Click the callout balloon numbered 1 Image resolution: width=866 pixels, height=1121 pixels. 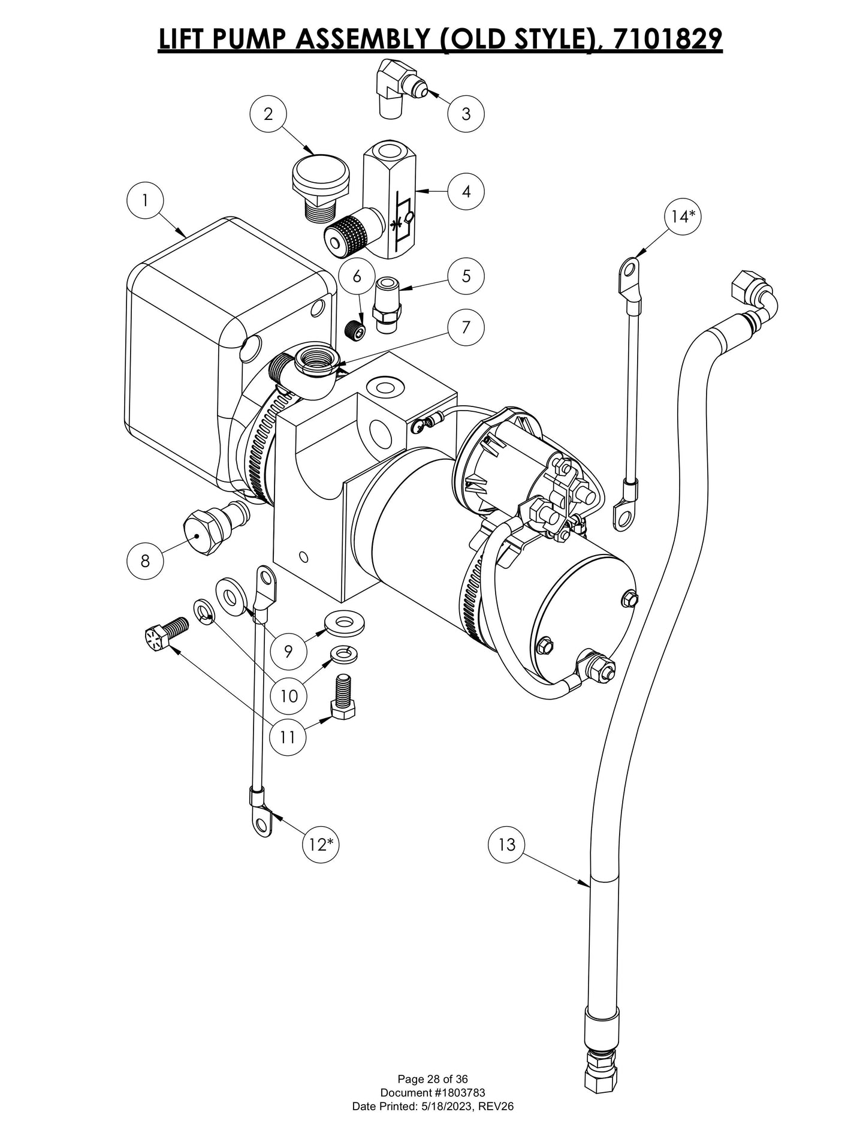144,201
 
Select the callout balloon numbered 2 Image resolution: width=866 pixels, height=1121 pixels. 268,114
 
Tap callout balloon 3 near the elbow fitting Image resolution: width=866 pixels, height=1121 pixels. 466,113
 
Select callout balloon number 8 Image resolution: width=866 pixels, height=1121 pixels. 144,561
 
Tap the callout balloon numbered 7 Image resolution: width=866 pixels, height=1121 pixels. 466,327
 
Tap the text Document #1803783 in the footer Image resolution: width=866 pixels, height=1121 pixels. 433,1093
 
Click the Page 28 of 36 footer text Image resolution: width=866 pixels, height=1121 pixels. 433,1080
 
